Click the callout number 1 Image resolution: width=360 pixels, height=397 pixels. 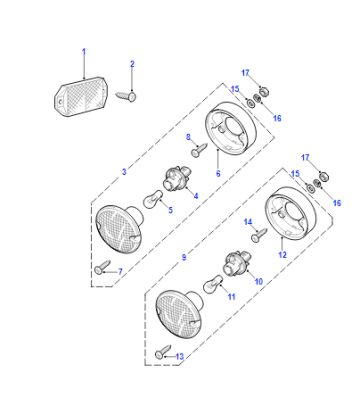(x=84, y=52)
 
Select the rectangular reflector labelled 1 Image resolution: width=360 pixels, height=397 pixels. (x=81, y=97)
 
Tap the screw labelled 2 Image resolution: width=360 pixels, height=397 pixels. (x=126, y=96)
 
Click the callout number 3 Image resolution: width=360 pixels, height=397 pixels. (x=124, y=172)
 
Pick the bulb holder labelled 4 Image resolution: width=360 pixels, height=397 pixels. (x=176, y=179)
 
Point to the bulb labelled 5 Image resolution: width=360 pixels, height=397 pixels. (x=153, y=198)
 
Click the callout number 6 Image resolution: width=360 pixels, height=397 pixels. (x=218, y=173)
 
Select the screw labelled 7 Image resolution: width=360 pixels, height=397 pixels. (x=103, y=267)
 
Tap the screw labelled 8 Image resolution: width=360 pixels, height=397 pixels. (x=200, y=149)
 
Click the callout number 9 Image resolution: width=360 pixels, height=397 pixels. (x=184, y=257)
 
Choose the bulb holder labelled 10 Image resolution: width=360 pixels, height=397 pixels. (x=236, y=263)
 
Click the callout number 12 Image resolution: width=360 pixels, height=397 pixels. (x=282, y=255)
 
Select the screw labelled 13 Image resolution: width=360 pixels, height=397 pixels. (x=163, y=351)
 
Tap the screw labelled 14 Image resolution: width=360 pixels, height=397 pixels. (x=259, y=234)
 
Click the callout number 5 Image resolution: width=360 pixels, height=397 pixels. (x=171, y=210)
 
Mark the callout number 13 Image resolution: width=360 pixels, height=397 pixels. (x=179, y=357)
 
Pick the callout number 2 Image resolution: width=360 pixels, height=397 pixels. (x=132, y=64)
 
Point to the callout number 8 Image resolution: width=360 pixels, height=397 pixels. (x=188, y=137)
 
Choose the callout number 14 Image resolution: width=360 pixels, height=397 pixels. (x=248, y=222)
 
